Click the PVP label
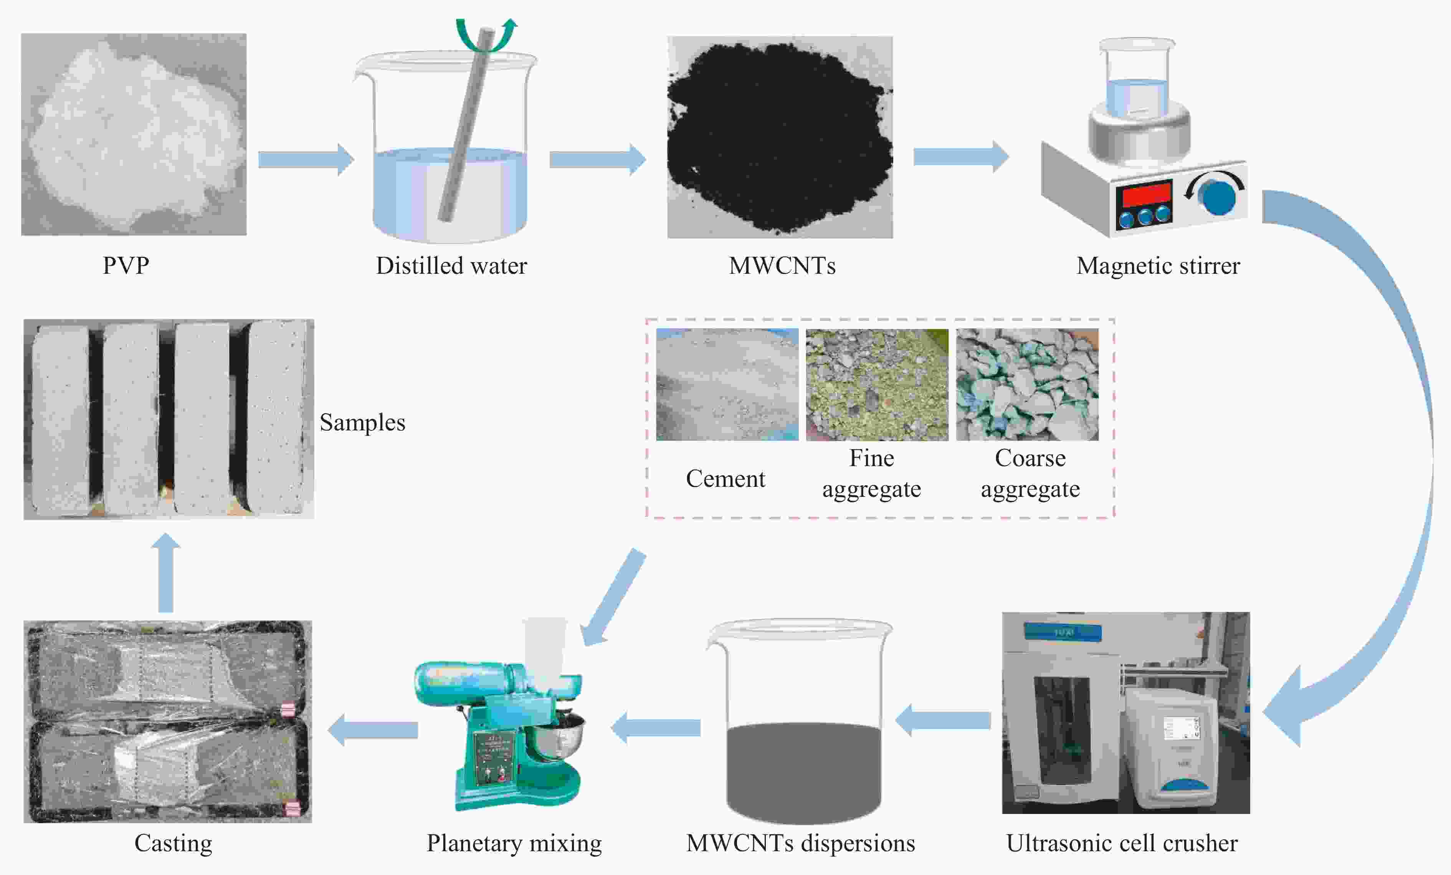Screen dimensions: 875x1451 [x=126, y=266]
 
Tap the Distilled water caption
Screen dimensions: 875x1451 [x=451, y=266]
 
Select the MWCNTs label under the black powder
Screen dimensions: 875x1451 [x=782, y=266]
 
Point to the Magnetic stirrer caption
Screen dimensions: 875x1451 [x=1158, y=266]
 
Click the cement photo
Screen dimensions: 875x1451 [x=727, y=384]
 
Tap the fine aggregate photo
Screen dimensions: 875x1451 [x=877, y=384]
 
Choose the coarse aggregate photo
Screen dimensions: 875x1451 [x=1027, y=384]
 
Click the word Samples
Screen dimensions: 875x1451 [x=362, y=422]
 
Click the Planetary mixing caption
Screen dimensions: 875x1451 [x=514, y=843]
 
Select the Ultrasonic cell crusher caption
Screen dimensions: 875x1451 [x=1122, y=843]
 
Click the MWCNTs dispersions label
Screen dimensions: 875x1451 [x=800, y=843]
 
